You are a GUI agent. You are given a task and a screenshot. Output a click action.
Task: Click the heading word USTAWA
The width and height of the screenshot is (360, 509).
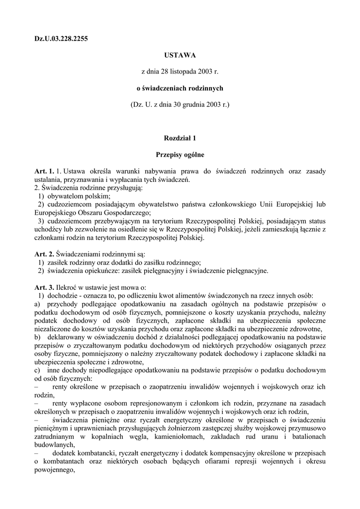(x=180, y=55)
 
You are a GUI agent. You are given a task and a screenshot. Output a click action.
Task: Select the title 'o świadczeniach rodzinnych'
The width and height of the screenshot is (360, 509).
(x=180, y=88)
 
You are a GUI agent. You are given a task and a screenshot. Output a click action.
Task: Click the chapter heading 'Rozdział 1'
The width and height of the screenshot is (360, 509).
(x=180, y=138)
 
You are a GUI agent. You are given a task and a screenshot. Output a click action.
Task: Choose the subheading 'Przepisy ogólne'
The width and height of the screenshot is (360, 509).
(x=180, y=155)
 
